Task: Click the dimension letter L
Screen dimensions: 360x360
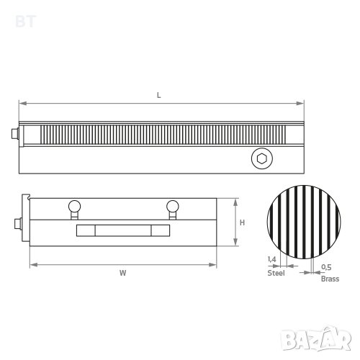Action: pos(158,95)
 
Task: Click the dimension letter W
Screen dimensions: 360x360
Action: pos(122,273)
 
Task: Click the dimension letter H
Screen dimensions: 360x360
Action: pos(242,222)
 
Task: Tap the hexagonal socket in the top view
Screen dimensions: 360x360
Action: pos(262,158)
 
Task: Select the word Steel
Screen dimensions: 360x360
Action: pos(276,273)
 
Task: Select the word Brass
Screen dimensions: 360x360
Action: pos(330,279)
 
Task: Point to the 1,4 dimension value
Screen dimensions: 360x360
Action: pos(272,259)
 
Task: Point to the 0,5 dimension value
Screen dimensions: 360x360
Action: pos(326,267)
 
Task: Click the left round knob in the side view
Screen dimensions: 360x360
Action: pos(74,207)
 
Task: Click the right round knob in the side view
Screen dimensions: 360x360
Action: pos(173,207)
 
